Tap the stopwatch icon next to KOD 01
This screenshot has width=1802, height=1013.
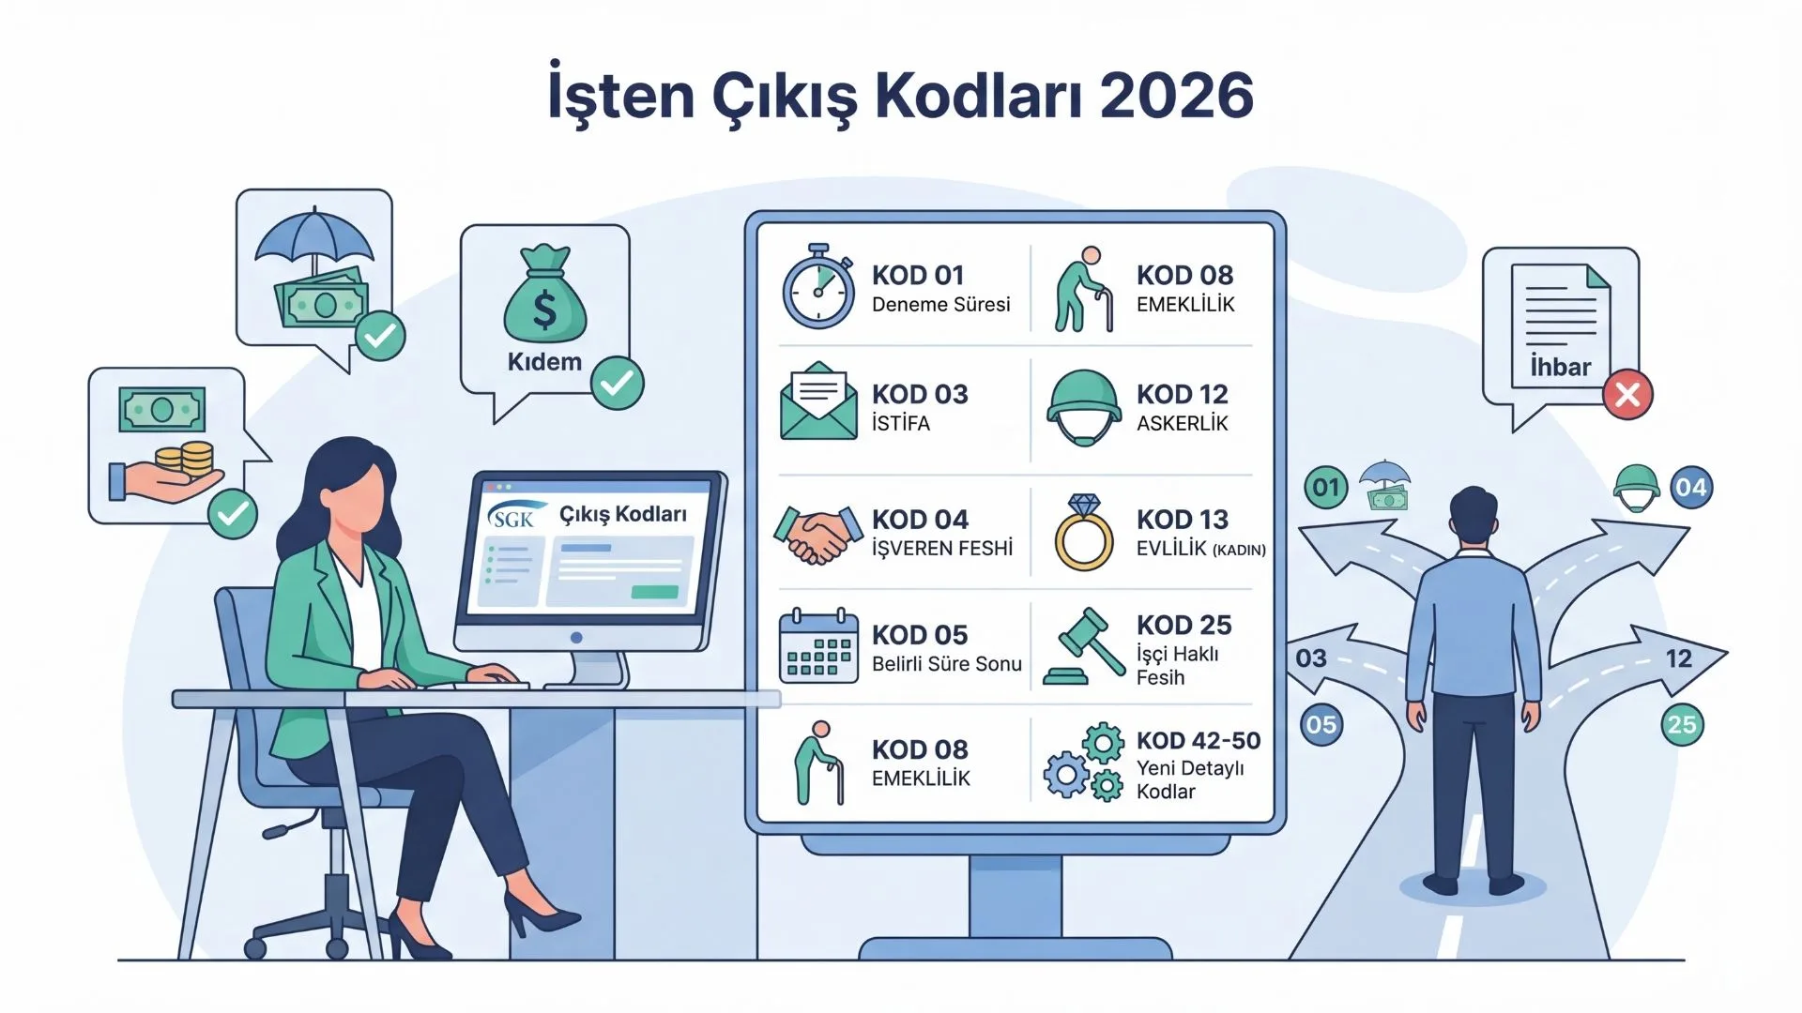[x=818, y=287]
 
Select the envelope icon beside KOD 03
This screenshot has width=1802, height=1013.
[x=818, y=401]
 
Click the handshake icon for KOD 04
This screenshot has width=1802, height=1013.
[x=817, y=535]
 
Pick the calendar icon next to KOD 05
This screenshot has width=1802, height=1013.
[x=818, y=646]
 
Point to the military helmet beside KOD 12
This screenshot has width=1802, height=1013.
[x=1083, y=406]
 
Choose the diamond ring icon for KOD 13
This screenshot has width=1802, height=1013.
[x=1084, y=533]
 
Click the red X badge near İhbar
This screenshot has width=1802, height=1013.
[x=1627, y=394]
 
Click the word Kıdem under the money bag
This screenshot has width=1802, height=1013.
[x=544, y=362]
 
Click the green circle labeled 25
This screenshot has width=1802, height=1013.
[x=1682, y=724]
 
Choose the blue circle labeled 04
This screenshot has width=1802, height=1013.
[x=1690, y=488]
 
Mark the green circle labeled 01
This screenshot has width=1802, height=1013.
[x=1325, y=488]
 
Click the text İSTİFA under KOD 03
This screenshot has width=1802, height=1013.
[x=901, y=424]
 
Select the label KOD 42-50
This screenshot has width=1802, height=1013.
[x=1198, y=740]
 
